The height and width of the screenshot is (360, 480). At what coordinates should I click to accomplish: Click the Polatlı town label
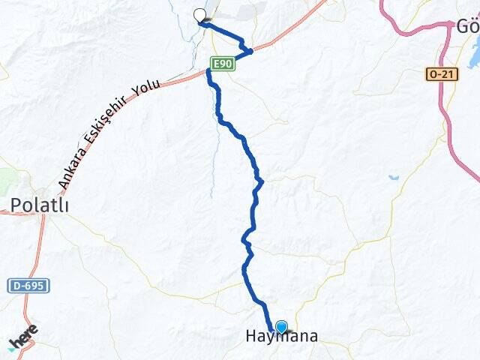40,205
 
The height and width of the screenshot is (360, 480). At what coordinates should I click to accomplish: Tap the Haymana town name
281,338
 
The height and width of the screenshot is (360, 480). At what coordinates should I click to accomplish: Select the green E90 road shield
223,65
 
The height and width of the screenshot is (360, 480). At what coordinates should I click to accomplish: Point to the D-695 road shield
28,286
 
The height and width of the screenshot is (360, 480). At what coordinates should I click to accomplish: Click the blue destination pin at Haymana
281,327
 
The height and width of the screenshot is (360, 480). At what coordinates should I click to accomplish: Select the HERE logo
22,338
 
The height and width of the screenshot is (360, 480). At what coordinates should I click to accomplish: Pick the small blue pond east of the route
394,178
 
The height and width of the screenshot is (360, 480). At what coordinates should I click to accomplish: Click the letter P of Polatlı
16,205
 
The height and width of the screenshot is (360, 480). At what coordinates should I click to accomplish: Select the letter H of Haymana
252,338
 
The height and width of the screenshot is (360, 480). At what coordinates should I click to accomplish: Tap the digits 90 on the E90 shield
226,65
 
